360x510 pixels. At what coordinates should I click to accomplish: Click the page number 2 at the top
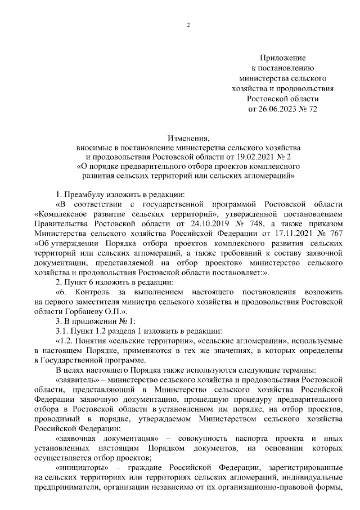click(188, 24)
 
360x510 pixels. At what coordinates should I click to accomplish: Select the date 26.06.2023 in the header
click(279, 109)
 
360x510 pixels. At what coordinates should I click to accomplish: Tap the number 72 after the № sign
click(313, 109)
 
